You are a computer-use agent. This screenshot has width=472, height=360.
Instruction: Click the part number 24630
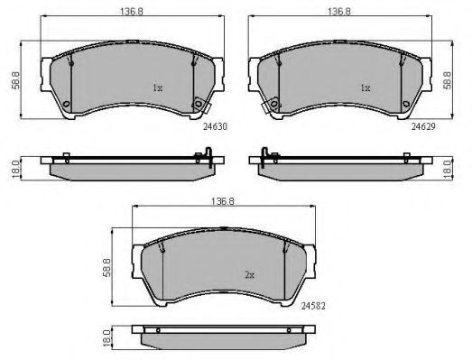215,126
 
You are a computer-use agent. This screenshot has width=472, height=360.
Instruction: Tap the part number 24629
423,126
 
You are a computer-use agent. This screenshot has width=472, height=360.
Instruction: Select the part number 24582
313,306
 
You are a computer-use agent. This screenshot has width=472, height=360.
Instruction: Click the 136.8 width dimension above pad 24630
132,12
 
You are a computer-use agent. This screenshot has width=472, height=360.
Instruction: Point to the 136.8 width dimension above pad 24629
339,12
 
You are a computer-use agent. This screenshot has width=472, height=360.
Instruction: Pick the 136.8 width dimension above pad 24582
223,201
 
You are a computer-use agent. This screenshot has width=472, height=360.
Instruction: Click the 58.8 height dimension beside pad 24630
15,80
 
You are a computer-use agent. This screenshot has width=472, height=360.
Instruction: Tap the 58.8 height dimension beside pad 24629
448,80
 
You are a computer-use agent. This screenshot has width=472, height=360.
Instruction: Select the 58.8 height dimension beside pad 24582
106,268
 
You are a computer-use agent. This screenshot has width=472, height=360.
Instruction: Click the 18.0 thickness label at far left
15,169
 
